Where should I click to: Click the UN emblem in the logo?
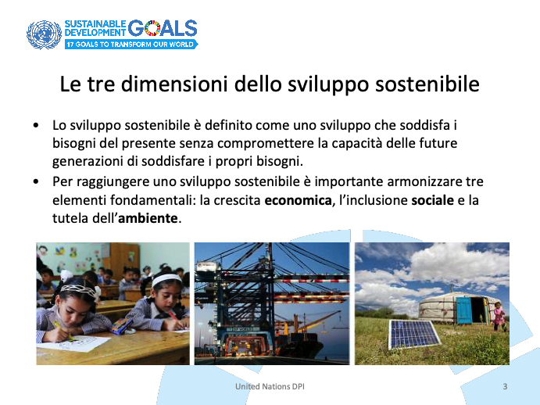coord(44,34)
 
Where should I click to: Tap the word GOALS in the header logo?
coord(163,28)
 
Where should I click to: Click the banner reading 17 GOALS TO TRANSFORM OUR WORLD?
coord(131,44)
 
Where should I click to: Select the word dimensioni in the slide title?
coord(174,84)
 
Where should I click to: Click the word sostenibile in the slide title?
coord(427,84)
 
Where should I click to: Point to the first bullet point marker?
coord(36,125)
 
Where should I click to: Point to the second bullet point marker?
coord(36,181)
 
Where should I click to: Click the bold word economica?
coord(298,200)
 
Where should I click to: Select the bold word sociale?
coord(433,200)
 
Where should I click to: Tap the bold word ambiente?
coord(148,218)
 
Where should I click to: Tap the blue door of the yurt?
coord(463,311)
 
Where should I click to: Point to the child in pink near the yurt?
coord(499,317)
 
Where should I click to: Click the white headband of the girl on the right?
coord(166,279)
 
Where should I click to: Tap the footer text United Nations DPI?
coord(270,386)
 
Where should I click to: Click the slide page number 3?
coord(505,386)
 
